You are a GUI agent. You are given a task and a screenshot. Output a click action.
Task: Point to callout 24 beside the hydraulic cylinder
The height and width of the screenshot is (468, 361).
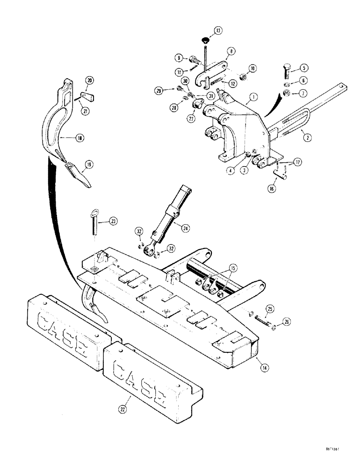coord(186,228)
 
